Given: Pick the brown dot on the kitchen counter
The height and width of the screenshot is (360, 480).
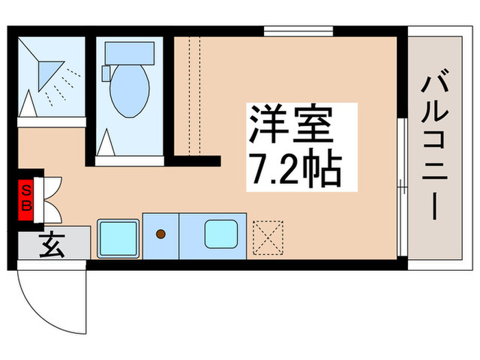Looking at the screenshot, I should click(161, 234).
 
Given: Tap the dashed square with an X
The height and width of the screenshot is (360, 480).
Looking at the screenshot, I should click(267, 237).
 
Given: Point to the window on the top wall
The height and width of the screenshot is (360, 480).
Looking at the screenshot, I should click(298, 31).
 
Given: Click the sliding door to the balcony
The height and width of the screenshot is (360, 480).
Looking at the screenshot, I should click(403, 161).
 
